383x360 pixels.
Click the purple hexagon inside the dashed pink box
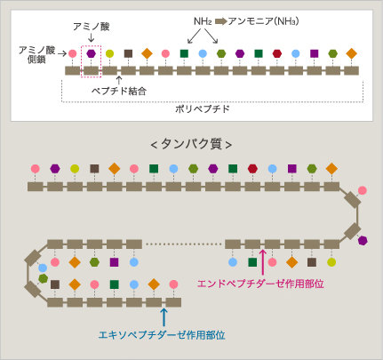(92, 53)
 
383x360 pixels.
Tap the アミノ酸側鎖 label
(36, 54)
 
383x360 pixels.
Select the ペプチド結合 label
(119, 91)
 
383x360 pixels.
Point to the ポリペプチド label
(203, 109)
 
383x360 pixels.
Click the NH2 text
(203, 21)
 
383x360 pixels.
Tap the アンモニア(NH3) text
(263, 21)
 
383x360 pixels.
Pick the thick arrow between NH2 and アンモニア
(221, 21)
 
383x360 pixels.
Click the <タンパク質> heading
(191, 144)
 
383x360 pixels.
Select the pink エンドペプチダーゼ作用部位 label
(260, 284)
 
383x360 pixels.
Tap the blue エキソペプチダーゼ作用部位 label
(162, 335)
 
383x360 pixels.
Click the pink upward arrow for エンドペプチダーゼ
(263, 262)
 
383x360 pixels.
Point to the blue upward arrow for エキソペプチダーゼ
(164, 317)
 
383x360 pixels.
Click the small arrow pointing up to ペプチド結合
(119, 80)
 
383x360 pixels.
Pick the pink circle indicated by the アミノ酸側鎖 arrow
(73, 53)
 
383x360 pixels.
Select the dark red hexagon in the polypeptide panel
(277, 53)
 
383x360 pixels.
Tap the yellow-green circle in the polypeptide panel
(109, 53)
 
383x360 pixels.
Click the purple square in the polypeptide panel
(315, 53)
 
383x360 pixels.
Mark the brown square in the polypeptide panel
(128, 53)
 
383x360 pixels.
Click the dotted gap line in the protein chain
(184, 244)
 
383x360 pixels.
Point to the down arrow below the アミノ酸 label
(92, 38)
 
